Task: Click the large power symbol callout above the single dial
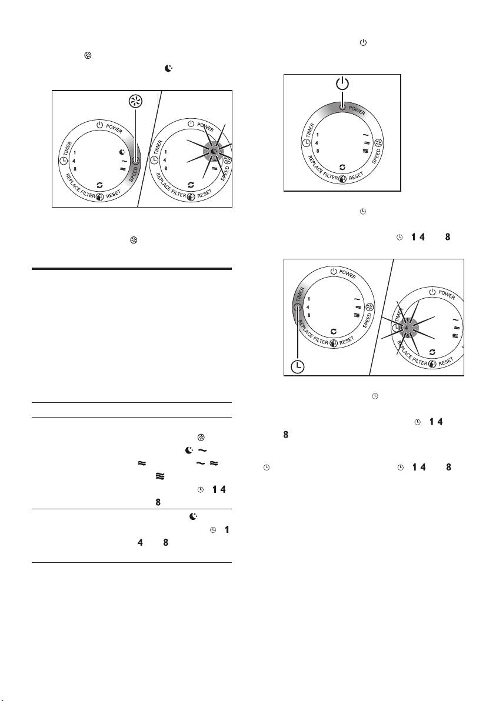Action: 342,84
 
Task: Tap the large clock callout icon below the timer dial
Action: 297,366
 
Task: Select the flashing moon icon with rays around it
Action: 214,152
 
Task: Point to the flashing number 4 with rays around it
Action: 406,328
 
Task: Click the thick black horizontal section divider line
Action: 132,269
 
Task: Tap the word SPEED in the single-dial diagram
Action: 376,156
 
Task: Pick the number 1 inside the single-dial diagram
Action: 318,135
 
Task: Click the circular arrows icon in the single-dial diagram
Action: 342,167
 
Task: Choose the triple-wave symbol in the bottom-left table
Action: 159,476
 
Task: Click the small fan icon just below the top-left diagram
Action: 134,241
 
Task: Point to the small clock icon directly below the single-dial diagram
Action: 363,211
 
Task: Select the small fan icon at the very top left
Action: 88,55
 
